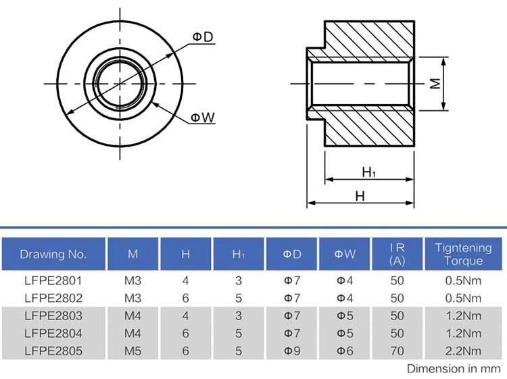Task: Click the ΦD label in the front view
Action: (x=203, y=37)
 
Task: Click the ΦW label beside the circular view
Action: (x=203, y=118)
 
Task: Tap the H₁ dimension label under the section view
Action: (x=368, y=172)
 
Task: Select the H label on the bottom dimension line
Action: (x=360, y=196)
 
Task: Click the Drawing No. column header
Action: (x=53, y=254)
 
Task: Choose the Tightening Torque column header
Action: (x=463, y=254)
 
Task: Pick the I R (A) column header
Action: (x=397, y=254)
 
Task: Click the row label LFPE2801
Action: (x=53, y=280)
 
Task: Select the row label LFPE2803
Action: (x=53, y=315)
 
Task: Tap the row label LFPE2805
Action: (x=53, y=351)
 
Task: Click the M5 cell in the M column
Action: (x=133, y=351)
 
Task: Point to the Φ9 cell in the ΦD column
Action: (x=292, y=351)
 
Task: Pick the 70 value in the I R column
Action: (x=397, y=351)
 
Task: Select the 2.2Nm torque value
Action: (x=463, y=351)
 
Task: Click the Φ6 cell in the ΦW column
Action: (x=345, y=351)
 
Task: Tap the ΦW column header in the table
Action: (x=345, y=254)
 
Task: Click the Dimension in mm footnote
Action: (x=454, y=369)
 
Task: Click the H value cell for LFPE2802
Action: (x=185, y=298)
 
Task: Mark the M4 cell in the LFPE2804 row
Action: (x=133, y=333)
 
